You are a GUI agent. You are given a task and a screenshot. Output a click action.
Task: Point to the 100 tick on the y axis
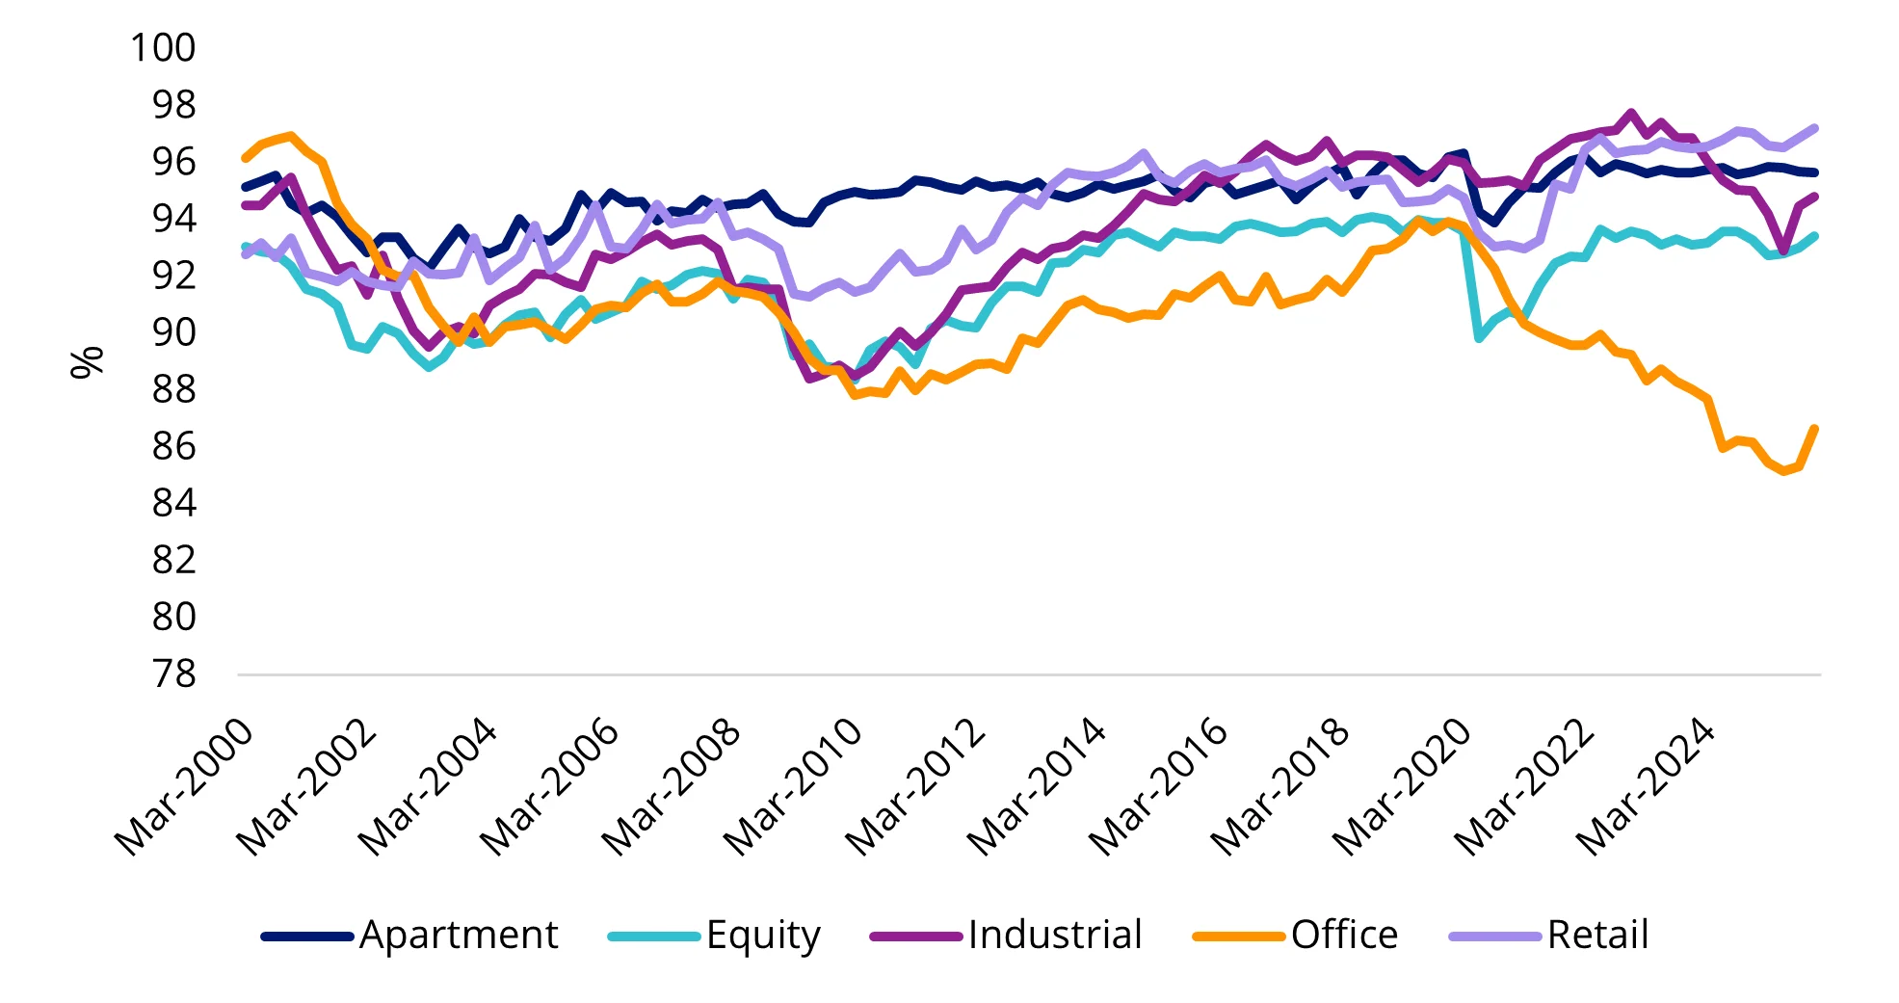pyautogui.click(x=163, y=48)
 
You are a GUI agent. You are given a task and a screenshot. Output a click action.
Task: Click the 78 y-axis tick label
pyautogui.click(x=173, y=673)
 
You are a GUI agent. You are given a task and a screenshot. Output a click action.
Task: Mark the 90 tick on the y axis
pyautogui.click(x=173, y=332)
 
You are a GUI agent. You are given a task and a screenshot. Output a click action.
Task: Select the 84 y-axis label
pyautogui.click(x=173, y=503)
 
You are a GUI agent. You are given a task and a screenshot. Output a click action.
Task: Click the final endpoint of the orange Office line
pyautogui.click(x=1815, y=428)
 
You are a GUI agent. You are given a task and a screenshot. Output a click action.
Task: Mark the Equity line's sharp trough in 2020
pyautogui.click(x=1479, y=338)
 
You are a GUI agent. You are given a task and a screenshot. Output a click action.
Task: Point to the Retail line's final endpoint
pyautogui.click(x=1815, y=128)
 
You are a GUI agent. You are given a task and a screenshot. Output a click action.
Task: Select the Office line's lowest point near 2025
pyautogui.click(x=1784, y=471)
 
